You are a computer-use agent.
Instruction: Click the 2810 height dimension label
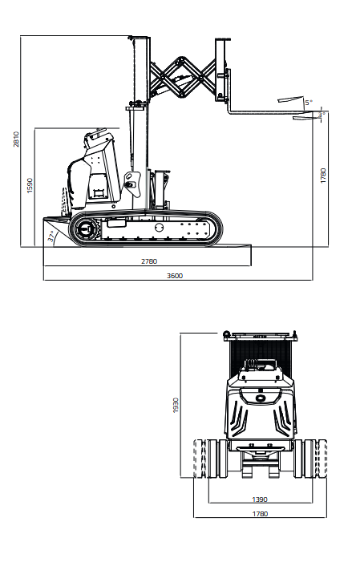coord(17,139)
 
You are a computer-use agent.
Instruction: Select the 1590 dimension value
coord(30,185)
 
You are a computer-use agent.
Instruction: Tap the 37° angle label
coord(52,236)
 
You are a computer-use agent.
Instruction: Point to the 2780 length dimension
coord(149,261)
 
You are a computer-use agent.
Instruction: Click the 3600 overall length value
coord(175,276)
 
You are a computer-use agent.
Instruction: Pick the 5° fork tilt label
coord(309,103)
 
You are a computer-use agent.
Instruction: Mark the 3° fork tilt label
coord(322,115)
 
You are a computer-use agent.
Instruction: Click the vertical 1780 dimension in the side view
coord(323,176)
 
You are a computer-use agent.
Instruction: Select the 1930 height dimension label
coord(176,405)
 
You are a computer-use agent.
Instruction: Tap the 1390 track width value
coord(260,499)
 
